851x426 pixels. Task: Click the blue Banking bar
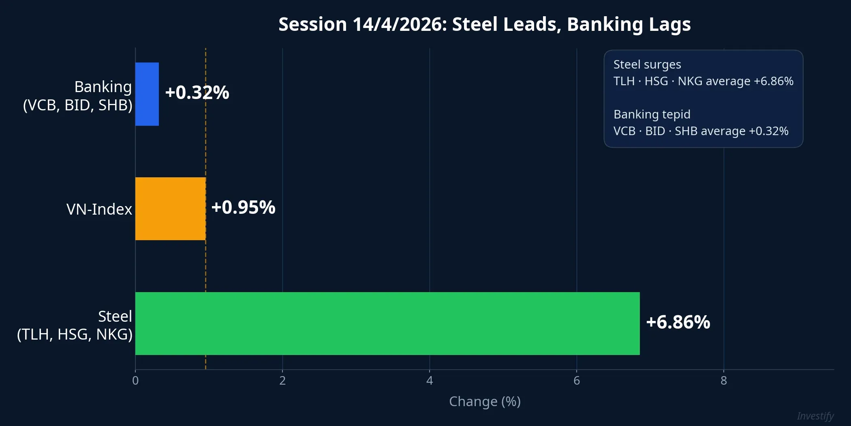[147, 94]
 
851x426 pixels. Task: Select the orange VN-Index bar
[171, 209]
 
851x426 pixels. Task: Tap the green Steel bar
[387, 323]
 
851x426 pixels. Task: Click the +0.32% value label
[197, 93]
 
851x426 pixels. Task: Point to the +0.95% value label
[243, 207]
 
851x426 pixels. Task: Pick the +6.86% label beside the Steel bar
[678, 322]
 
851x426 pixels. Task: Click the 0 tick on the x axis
[135, 381]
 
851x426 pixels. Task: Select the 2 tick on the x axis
[282, 381]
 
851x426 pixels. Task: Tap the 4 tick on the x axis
[430, 381]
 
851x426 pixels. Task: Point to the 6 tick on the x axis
[577, 381]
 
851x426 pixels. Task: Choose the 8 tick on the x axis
[724, 381]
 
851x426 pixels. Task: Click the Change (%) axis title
[485, 401]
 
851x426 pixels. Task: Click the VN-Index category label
[99, 209]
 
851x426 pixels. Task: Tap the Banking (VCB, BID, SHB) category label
[78, 96]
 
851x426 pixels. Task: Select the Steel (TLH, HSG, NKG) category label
[75, 325]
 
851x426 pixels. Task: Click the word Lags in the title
[669, 24]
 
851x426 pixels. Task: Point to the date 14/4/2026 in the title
[399, 24]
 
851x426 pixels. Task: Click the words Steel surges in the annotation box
[647, 65]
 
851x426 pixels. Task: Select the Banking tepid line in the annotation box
[652, 114]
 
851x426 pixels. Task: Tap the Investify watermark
[815, 416]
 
